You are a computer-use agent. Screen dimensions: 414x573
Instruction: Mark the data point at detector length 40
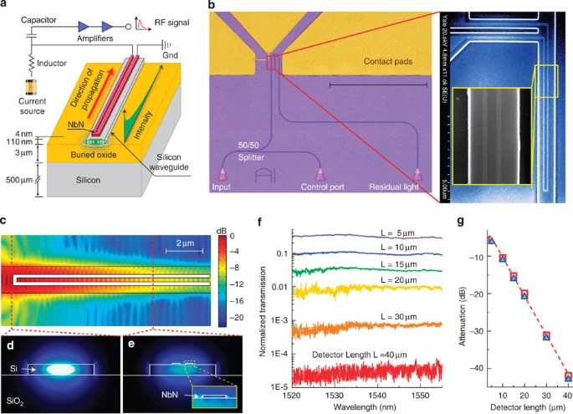(568, 377)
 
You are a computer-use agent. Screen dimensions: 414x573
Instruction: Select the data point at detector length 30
(547, 336)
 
